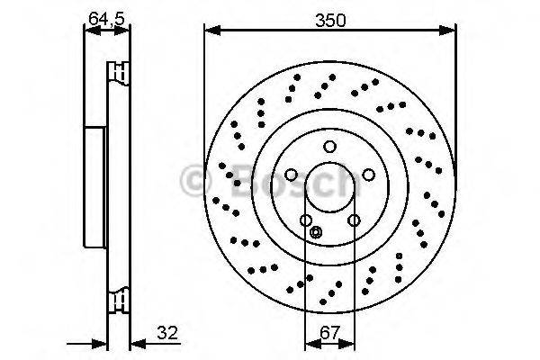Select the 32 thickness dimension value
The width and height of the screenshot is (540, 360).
tap(166, 333)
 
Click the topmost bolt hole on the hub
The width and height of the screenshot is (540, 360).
tap(330, 147)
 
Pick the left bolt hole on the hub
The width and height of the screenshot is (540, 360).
tap(292, 175)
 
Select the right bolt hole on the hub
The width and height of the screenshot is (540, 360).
tap(369, 175)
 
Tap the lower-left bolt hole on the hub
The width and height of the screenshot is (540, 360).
tap(306, 220)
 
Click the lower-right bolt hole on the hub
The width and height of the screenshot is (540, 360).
tap(354, 220)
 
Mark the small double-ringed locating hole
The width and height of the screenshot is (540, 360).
tap(315, 233)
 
